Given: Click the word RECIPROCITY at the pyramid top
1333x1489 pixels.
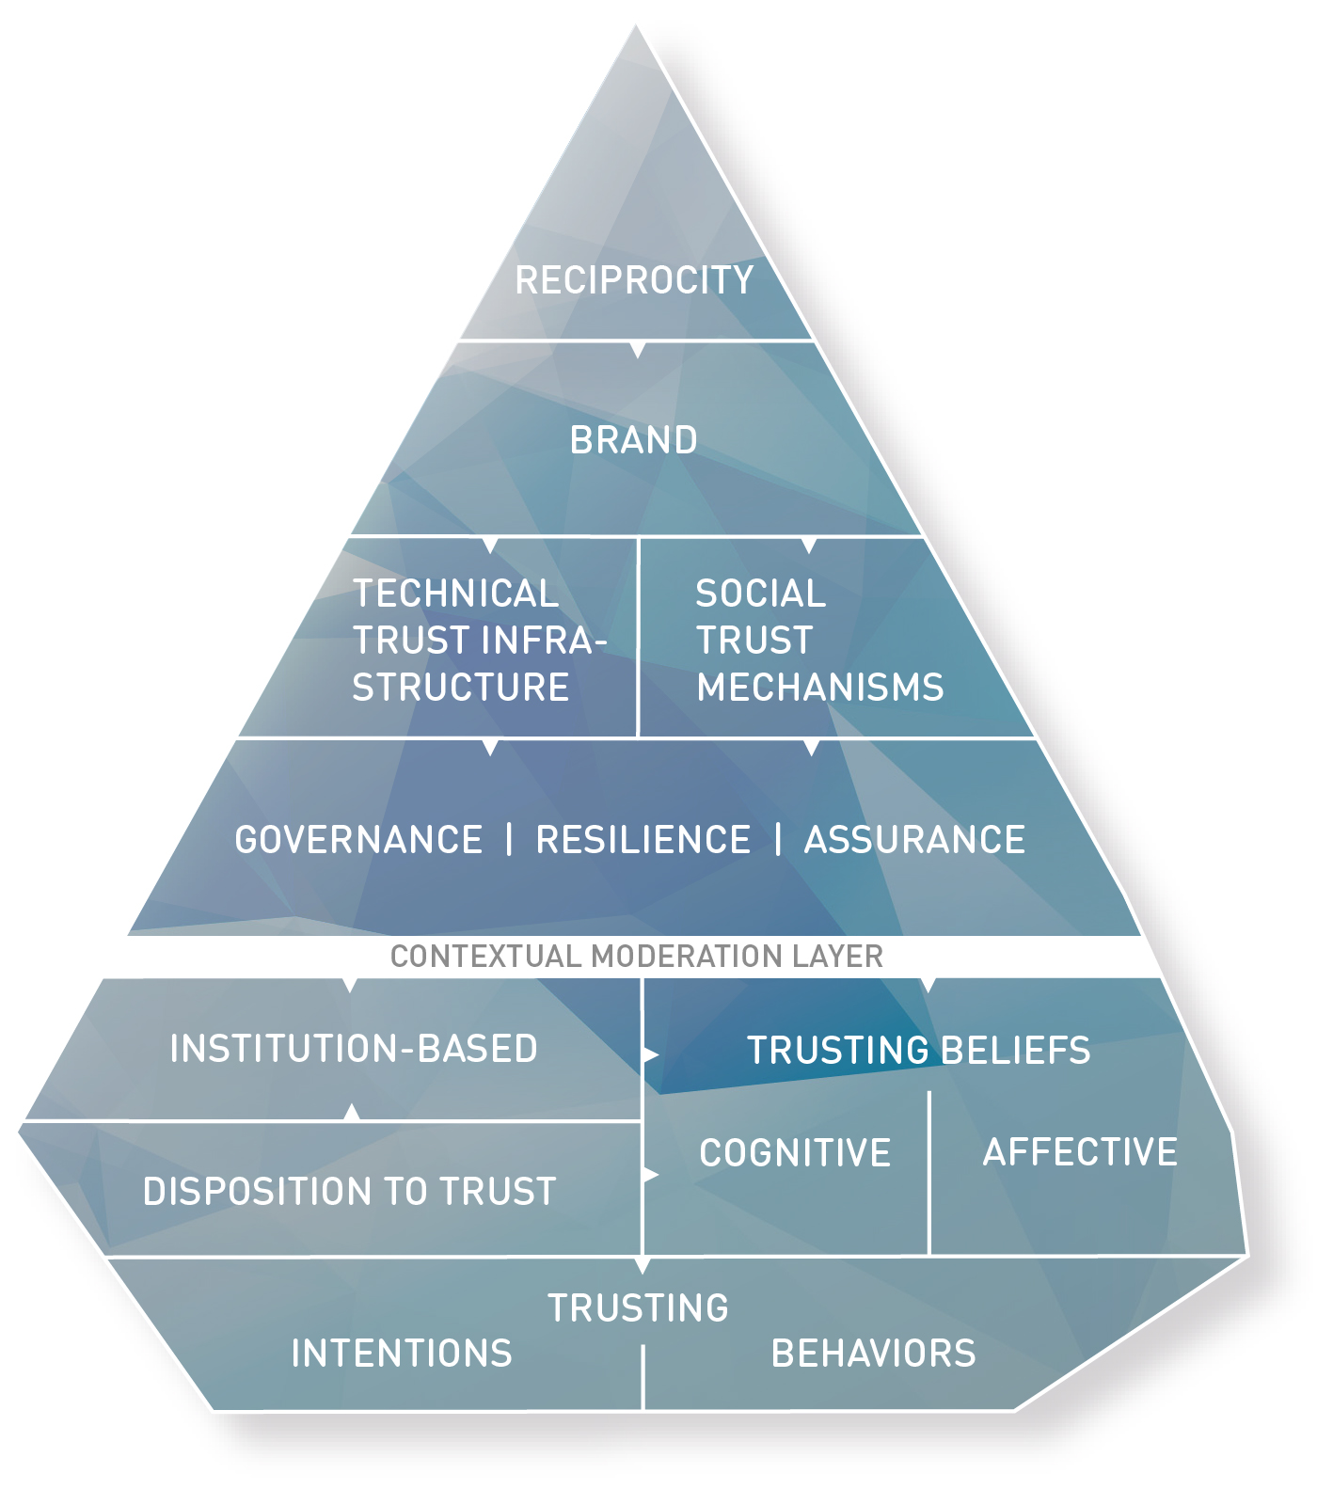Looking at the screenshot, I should pyautogui.click(x=634, y=280).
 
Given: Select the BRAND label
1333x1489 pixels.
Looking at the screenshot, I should pyautogui.click(x=634, y=440).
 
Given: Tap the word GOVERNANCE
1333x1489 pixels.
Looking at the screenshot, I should pyautogui.click(x=358, y=840).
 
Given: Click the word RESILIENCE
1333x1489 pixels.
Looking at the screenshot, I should pyautogui.click(x=643, y=840).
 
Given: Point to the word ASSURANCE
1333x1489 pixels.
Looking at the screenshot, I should pyautogui.click(x=914, y=840).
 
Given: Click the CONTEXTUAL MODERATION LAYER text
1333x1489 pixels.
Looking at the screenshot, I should pyautogui.click(x=637, y=957).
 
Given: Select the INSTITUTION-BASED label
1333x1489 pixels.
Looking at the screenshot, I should pyautogui.click(x=354, y=1049).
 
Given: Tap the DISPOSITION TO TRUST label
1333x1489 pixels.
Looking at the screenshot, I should pyautogui.click(x=350, y=1192).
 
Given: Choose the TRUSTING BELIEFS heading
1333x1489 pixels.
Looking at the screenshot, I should pyautogui.click(x=918, y=1051).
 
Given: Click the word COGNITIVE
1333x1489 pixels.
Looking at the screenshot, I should pyautogui.click(x=795, y=1153).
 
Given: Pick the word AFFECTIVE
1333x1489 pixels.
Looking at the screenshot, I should pyautogui.click(x=1080, y=1152).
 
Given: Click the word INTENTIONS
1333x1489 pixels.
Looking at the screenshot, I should pyautogui.click(x=402, y=1354).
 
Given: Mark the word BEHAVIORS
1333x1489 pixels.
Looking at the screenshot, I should pyautogui.click(x=873, y=1354).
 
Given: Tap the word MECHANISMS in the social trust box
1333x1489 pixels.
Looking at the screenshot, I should pyautogui.click(x=820, y=688).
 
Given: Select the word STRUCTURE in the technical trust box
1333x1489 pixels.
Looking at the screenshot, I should pyautogui.click(x=461, y=688).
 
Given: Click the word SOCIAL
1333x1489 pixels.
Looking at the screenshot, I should pyautogui.click(x=760, y=594).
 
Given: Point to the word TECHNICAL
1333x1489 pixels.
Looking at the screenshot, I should pyautogui.click(x=456, y=594).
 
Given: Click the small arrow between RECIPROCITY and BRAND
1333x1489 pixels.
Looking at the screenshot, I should pyautogui.click(x=638, y=350).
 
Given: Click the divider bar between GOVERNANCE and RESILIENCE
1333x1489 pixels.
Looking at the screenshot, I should pyautogui.click(x=509, y=839).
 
